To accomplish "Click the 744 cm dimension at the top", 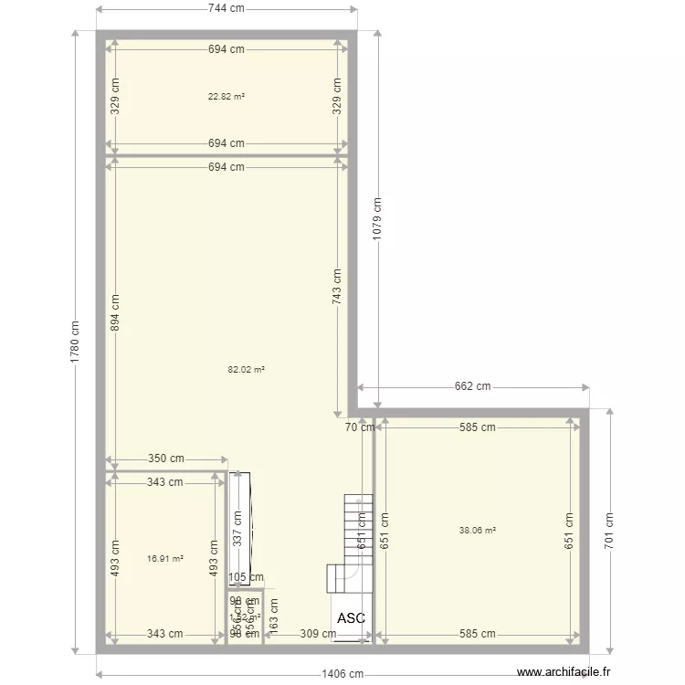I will tap(226, 9).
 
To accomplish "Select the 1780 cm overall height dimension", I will tap(75, 343).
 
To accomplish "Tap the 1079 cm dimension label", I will tap(377, 218).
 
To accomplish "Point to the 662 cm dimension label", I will tap(472, 386).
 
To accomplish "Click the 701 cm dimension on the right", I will tap(610, 530).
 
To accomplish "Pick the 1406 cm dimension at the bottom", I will tap(342, 675).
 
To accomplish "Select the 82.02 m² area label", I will tap(246, 370).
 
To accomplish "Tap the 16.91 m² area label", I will tap(164, 559).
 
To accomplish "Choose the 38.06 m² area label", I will tap(477, 531).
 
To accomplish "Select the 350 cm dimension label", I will tap(165, 459).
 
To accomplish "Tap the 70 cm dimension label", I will tap(359, 427).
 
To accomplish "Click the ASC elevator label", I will tap(351, 618).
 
